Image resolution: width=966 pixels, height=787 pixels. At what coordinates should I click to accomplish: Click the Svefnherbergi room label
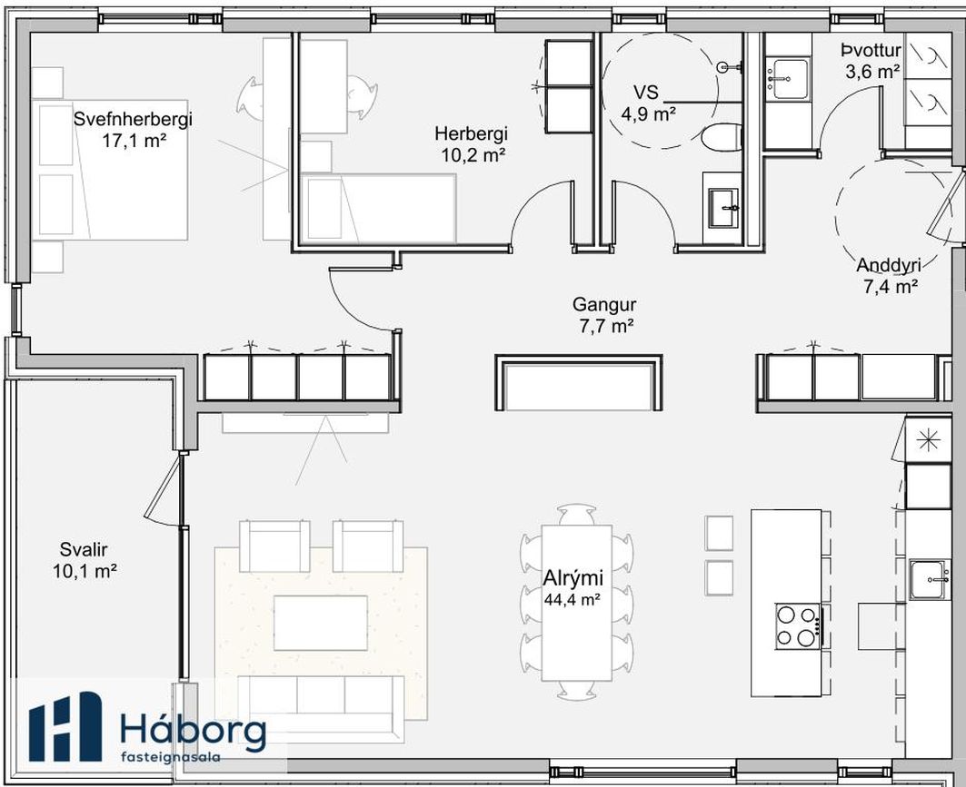[133, 119]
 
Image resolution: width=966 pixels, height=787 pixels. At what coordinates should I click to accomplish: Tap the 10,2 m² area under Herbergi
[473, 155]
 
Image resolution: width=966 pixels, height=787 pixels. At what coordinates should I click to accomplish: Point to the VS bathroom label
[646, 93]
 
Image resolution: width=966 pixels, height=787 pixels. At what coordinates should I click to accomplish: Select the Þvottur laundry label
[871, 51]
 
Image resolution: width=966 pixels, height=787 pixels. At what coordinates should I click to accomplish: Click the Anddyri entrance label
[889, 265]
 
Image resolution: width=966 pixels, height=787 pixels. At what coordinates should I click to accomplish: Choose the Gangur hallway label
[603, 305]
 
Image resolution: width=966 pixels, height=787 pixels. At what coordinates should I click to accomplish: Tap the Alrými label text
[573, 578]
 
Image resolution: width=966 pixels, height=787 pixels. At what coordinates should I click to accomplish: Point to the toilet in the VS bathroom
[721, 137]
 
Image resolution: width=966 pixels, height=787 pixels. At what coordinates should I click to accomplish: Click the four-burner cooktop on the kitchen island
[798, 625]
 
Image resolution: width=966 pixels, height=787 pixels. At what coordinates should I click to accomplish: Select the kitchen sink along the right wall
[931, 579]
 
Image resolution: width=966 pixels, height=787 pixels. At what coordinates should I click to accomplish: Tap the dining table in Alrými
[577, 603]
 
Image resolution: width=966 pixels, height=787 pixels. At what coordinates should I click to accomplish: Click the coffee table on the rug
[321, 623]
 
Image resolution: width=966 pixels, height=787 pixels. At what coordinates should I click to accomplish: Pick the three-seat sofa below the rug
[321, 703]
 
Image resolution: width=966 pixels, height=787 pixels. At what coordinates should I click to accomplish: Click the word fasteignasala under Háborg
[171, 756]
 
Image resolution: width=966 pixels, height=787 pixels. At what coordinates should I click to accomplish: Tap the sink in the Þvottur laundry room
[787, 79]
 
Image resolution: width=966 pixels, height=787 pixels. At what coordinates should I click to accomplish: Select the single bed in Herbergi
[378, 207]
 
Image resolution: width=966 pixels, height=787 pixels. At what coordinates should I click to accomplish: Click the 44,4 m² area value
[573, 599]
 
